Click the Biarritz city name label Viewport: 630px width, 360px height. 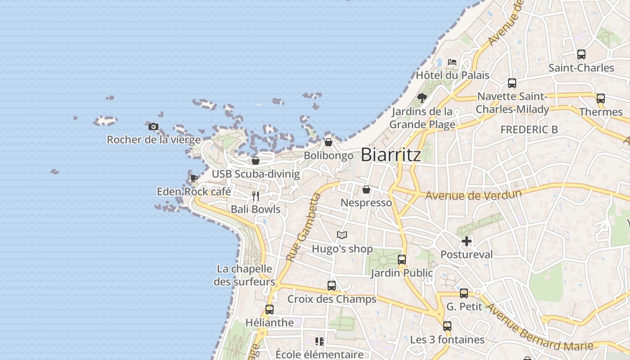tap(391, 154)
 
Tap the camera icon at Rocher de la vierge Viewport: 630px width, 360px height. tap(153, 126)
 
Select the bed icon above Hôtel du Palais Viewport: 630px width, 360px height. tap(452, 62)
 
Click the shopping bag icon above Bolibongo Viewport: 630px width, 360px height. tap(328, 142)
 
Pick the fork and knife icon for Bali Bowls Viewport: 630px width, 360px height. tap(256, 196)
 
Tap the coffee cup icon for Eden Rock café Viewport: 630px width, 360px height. tap(193, 179)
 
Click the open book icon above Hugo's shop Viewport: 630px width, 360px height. tap(342, 235)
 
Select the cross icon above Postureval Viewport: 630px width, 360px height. tap(467, 241)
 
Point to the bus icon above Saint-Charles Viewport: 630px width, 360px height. tap(581, 54)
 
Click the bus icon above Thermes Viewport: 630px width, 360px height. tap(600, 99)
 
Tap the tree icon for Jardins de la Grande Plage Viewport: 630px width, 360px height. tap(422, 98)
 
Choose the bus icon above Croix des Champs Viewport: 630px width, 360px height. tap(332, 285)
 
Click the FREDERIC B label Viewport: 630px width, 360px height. tap(529, 130)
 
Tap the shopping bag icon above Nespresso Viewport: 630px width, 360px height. tap(366, 189)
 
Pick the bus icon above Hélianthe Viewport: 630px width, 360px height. tap(269, 309)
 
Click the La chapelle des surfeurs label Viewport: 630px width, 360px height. tap(245, 275)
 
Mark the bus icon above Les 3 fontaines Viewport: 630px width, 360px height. tap(447, 326)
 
